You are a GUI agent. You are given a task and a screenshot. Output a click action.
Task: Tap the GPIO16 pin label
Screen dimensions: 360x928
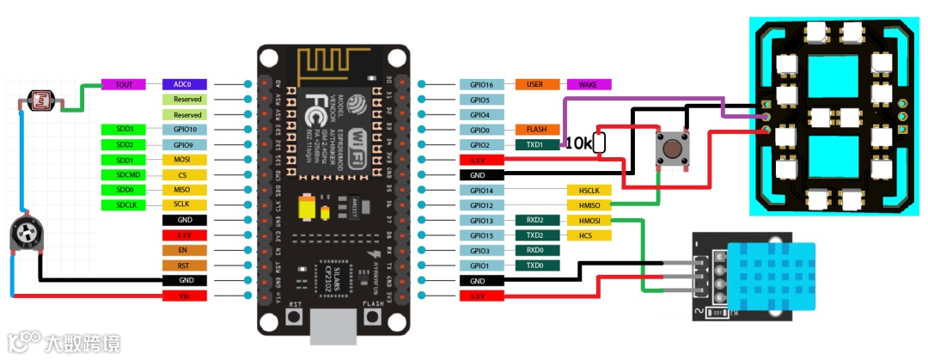point(481,85)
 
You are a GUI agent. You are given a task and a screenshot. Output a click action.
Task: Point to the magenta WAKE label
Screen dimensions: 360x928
point(589,85)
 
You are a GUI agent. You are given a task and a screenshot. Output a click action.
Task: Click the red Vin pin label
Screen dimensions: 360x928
point(184,296)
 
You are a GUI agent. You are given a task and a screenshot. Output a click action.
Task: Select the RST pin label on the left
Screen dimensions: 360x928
point(184,265)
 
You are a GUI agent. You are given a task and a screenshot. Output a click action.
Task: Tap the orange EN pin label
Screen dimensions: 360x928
point(184,250)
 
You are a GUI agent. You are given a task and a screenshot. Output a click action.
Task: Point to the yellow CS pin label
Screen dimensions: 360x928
point(184,175)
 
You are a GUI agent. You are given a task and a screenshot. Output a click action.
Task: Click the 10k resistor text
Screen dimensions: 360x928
point(579,144)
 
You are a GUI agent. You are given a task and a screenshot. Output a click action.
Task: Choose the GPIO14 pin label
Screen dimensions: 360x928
point(481,190)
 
